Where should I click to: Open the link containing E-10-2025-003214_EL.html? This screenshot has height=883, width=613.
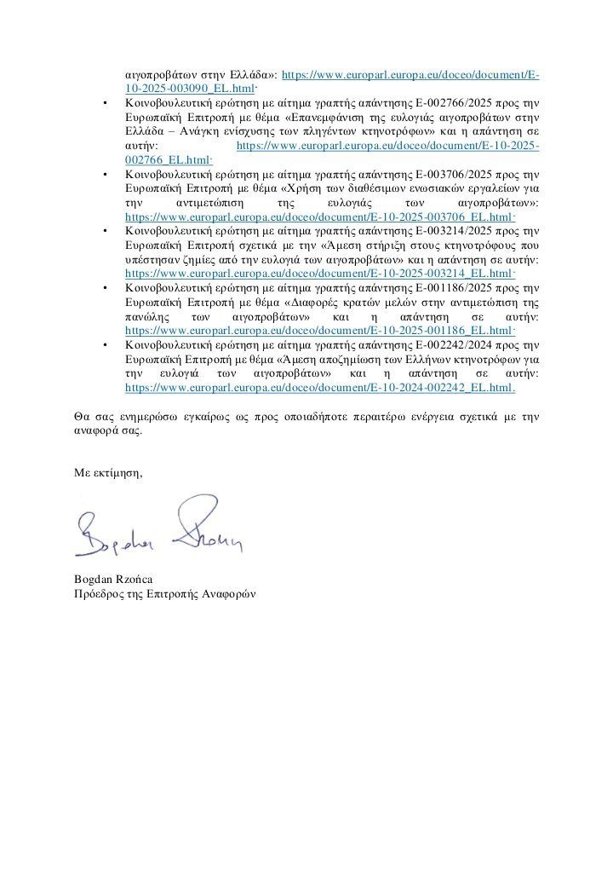tap(319, 274)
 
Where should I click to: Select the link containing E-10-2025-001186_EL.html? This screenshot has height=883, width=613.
tap(319, 330)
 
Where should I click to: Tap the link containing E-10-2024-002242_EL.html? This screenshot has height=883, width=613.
tap(319, 386)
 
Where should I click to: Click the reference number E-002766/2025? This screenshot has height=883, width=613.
tap(456, 104)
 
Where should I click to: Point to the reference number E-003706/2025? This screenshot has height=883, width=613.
tap(456, 173)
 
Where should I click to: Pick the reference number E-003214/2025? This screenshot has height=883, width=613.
tap(456, 230)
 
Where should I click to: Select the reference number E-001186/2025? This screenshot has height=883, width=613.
tap(456, 286)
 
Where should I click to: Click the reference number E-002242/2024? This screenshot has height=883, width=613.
tap(456, 343)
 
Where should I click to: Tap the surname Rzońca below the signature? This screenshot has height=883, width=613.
tap(134, 580)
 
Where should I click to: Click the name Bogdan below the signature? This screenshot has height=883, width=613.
tap(94, 580)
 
